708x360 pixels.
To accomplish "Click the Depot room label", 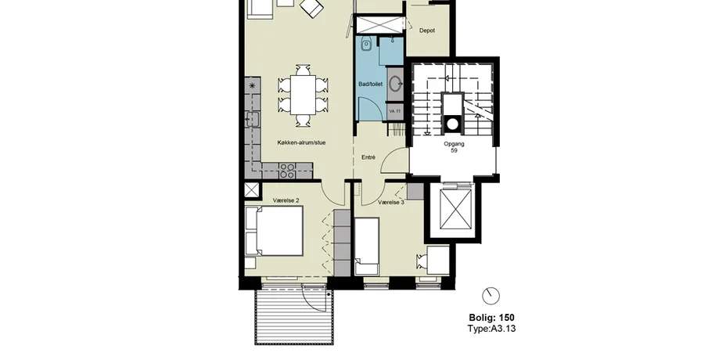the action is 426,31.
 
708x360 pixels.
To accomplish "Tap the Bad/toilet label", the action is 370,84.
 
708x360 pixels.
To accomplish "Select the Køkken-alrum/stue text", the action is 301,142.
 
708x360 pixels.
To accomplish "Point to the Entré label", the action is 368,157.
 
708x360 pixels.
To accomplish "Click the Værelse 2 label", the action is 286,200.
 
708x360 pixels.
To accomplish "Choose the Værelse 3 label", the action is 391,203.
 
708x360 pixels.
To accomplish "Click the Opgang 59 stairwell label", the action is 454,148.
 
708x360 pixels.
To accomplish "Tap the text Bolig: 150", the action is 491,318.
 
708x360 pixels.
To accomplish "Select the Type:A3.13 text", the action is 491,329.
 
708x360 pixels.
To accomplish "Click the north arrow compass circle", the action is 491,297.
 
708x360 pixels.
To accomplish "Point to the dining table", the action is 303,95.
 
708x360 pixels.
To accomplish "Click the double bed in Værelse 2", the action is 274,232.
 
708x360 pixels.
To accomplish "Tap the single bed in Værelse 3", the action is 367,247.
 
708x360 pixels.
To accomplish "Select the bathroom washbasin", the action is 396,84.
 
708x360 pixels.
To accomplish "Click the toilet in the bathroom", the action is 366,44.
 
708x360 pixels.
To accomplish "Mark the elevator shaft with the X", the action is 455,209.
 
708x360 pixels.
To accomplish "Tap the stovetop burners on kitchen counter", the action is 287,171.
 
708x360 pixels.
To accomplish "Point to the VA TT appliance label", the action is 394,111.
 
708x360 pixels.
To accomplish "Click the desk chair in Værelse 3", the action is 422,261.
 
